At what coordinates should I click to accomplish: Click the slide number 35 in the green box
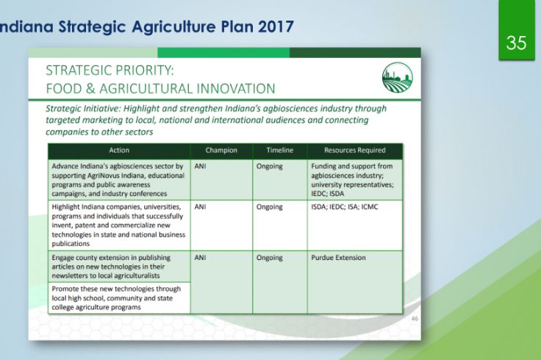click(516, 43)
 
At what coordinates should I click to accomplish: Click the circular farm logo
click(397, 78)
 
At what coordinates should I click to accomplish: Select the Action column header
click(119, 151)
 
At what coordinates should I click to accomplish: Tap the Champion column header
click(221, 151)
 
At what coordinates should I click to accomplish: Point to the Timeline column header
click(280, 151)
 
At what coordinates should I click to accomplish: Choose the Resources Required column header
click(355, 151)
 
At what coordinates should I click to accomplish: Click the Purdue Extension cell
click(338, 258)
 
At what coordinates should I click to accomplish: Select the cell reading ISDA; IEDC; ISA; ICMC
click(344, 207)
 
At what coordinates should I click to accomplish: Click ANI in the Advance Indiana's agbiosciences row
click(200, 166)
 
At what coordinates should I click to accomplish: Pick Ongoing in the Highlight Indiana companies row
click(269, 207)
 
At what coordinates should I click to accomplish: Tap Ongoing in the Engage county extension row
click(269, 258)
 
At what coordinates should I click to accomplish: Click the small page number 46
click(415, 319)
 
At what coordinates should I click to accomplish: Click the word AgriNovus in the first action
click(102, 176)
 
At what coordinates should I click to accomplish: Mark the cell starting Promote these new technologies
click(119, 298)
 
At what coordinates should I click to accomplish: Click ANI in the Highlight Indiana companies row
click(200, 207)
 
